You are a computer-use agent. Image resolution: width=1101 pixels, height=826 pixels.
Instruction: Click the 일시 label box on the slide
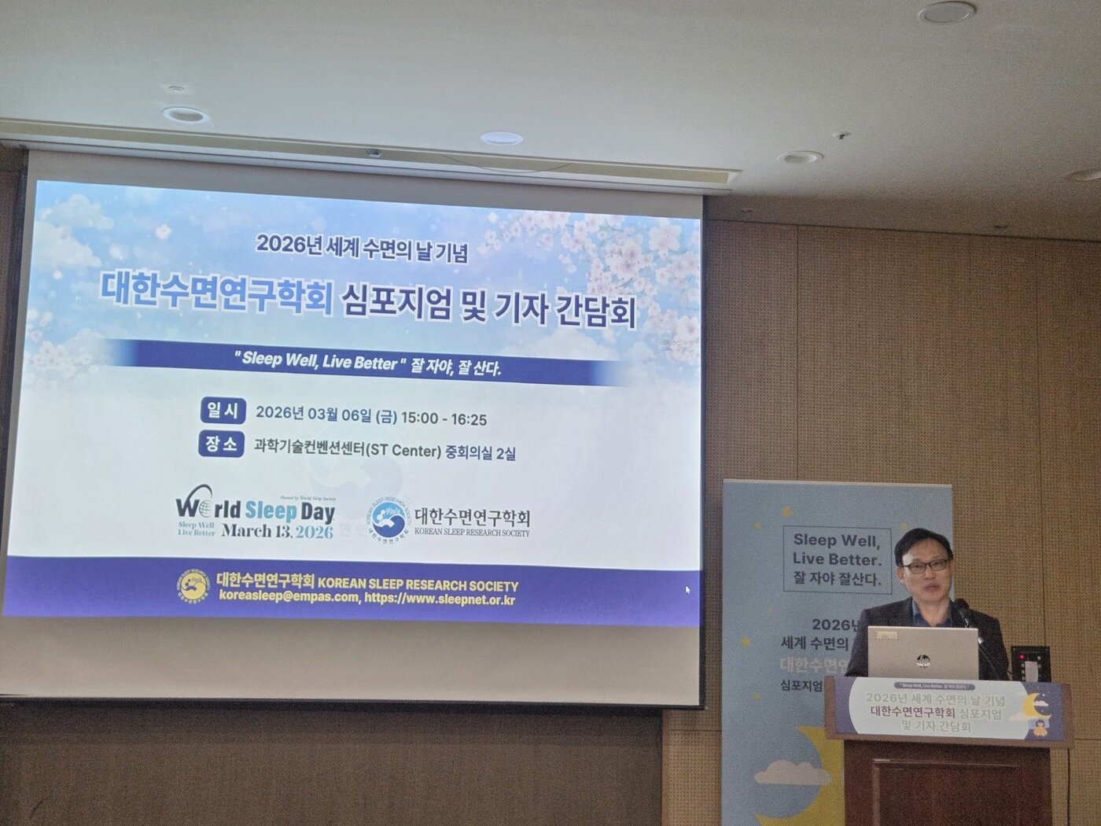tap(223, 410)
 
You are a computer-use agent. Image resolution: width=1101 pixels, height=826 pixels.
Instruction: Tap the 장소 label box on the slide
tap(221, 444)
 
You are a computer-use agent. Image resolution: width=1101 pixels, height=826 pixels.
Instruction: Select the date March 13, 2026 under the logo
tap(277, 531)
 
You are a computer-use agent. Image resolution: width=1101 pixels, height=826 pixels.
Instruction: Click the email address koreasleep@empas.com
tap(288, 599)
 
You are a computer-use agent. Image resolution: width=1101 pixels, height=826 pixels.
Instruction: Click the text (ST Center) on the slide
tap(401, 452)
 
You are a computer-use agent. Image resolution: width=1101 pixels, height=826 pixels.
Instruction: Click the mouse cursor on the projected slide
tap(687, 589)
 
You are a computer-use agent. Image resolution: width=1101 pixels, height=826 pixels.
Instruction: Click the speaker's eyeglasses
tap(926, 566)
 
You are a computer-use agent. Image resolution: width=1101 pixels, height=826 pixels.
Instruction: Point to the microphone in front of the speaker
tap(962, 607)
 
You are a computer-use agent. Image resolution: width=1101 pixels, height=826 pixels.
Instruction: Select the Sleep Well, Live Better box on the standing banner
tap(837, 559)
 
